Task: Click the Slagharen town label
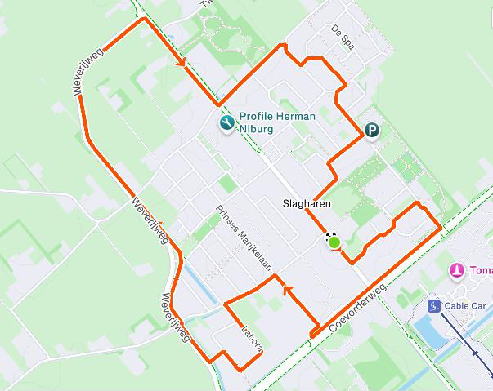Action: [306, 204]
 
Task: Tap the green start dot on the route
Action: [334, 242]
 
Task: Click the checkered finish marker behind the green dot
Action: [330, 237]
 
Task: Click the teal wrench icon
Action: [226, 123]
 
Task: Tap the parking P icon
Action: [372, 130]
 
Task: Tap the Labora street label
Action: [251, 340]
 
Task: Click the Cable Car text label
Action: [465, 306]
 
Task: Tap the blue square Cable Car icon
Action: [433, 306]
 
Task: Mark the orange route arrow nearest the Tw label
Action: [180, 61]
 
